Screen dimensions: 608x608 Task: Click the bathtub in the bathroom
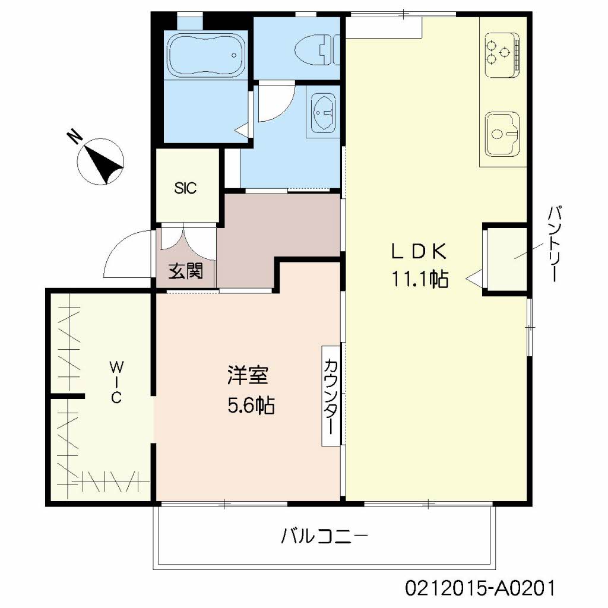point(206,55)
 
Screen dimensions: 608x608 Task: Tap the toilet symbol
point(315,50)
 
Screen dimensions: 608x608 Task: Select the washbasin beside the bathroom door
point(323,112)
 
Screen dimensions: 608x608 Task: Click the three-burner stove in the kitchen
point(502,53)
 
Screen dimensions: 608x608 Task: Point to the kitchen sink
point(502,134)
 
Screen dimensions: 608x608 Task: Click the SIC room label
point(185,188)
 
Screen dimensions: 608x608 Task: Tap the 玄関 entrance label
point(186,271)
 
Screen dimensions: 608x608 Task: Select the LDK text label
point(419,252)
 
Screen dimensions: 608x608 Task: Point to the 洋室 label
point(248,375)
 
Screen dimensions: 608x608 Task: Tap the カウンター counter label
point(331,395)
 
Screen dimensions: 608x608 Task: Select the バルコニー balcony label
point(324,537)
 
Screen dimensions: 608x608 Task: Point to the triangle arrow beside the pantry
point(474,278)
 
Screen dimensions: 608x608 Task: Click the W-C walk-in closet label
point(116,382)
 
